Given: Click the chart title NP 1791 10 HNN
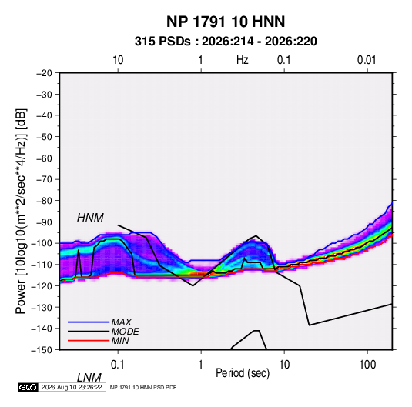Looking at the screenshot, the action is pos(226,22).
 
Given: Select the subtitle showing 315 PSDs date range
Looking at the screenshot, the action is pos(226,42).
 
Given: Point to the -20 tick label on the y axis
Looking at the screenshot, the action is pos(44,73).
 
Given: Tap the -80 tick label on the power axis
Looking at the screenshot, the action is pos(44,201).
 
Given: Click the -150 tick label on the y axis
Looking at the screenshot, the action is pos(42,350).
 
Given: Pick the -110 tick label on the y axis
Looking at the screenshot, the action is pos(42,265).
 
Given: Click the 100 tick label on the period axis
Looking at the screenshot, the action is pos(367,365).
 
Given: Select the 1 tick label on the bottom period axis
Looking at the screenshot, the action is pos(201,365).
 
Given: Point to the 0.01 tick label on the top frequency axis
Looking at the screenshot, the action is pos(367,60).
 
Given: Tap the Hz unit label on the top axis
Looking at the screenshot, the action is pos(243,60).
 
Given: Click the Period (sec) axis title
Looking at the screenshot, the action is pos(243,373).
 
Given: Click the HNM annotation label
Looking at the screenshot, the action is pos(90,218).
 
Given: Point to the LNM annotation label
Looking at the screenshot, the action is pos(89,378).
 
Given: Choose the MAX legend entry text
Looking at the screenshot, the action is pos(121,322).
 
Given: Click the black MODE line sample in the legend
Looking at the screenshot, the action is pos(89,332).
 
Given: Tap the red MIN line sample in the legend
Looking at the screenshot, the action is pos(89,341).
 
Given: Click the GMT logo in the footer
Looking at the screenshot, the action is pos(28,387).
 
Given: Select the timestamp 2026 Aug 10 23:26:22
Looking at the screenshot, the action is pos(72,387).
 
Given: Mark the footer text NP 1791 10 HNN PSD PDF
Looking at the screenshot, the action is pos(143,387).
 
